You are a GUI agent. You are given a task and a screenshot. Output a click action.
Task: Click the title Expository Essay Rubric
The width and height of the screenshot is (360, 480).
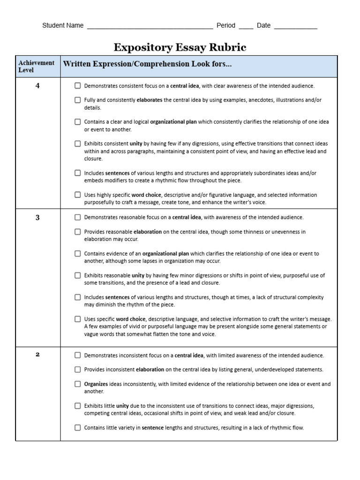[x=180, y=47]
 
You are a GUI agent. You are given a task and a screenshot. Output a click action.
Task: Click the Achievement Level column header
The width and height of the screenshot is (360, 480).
[x=37, y=66]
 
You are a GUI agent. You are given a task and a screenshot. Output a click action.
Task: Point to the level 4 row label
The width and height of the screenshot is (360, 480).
[x=37, y=86]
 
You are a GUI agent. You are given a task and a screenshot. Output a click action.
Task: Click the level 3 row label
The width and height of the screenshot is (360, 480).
[x=37, y=217]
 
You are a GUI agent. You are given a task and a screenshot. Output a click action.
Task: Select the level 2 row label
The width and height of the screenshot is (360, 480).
[x=37, y=354]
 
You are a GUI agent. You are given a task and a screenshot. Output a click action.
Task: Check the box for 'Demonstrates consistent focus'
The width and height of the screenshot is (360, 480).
[x=77, y=86]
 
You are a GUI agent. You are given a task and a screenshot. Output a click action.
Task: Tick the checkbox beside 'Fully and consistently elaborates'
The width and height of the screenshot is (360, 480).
[x=77, y=100]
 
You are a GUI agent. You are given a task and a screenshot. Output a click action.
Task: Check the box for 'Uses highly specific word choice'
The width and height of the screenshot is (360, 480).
[x=77, y=195]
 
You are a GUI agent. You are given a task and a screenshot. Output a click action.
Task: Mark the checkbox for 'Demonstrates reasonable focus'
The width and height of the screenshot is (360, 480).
[x=77, y=217]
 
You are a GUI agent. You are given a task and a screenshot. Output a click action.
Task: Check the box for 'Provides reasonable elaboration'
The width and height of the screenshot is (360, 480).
[x=77, y=232]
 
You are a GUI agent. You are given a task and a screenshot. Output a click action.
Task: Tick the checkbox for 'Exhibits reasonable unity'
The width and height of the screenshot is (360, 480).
[x=77, y=275]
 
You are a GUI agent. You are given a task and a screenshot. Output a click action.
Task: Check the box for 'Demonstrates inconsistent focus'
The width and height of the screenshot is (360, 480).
[x=77, y=355]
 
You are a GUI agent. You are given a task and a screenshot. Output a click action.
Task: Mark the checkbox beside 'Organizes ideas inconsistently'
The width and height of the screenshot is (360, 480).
[x=77, y=384]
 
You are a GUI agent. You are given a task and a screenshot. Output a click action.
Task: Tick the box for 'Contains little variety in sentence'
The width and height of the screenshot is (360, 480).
[x=77, y=427]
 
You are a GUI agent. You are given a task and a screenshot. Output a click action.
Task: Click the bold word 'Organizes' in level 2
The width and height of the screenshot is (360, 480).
[x=96, y=384]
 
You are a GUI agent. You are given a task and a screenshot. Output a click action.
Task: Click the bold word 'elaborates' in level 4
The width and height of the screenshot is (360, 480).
[x=149, y=100]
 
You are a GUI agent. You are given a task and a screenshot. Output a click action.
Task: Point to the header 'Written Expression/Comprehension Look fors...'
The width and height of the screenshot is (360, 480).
[x=147, y=64]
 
